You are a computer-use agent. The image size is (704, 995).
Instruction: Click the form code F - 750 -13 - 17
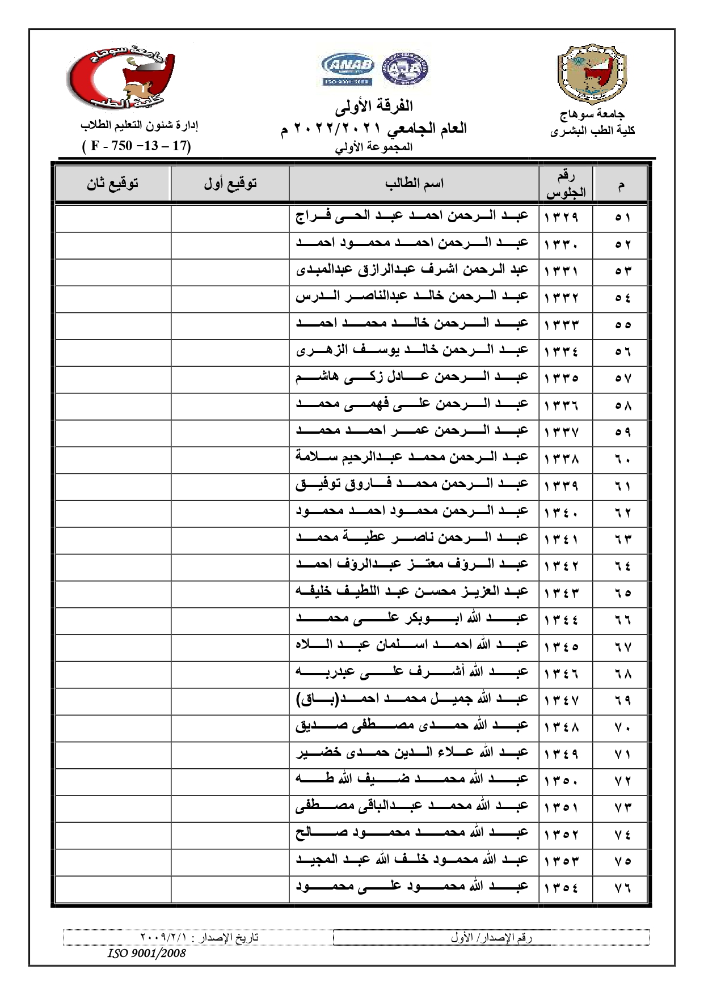click(137, 146)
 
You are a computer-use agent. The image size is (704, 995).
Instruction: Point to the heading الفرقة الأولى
click(373, 106)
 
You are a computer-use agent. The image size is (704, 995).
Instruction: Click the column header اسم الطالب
click(414, 183)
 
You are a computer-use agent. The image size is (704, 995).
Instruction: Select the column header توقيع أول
click(230, 183)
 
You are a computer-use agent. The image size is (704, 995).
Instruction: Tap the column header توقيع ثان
click(112, 183)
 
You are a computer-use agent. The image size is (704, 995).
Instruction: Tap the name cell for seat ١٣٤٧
click(412, 700)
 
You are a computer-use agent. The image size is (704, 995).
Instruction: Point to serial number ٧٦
click(622, 888)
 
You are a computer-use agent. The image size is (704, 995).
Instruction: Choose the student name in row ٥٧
click(412, 377)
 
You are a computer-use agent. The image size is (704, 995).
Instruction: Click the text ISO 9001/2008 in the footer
click(146, 953)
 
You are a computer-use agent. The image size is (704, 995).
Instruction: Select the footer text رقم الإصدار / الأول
click(491, 938)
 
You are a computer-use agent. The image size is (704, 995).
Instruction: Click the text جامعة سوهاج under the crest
click(592, 115)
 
